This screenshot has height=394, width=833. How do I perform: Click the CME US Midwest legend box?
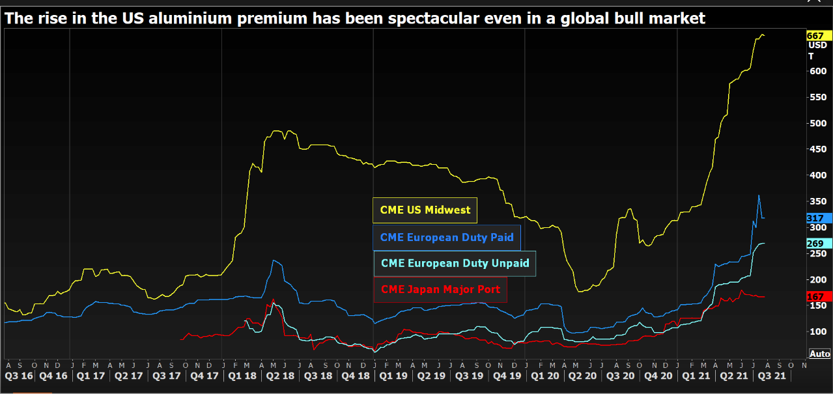(425, 210)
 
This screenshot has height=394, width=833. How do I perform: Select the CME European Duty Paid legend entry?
(447, 238)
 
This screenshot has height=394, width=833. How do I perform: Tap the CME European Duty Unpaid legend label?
(455, 264)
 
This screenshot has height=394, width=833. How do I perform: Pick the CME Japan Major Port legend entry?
(440, 289)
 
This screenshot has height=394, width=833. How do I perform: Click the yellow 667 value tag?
(815, 36)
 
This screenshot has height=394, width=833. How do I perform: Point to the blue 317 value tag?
(815, 218)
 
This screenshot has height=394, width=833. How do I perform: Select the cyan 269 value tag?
(815, 244)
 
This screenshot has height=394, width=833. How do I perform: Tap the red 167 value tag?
(815, 296)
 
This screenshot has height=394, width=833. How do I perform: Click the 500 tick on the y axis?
(817, 123)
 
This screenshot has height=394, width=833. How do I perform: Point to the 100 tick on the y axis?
(817, 331)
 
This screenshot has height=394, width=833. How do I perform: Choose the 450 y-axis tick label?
(817, 149)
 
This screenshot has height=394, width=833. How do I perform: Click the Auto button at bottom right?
(820, 354)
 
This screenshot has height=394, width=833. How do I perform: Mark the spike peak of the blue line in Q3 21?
(758, 195)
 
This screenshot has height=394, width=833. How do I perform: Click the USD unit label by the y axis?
(817, 46)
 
